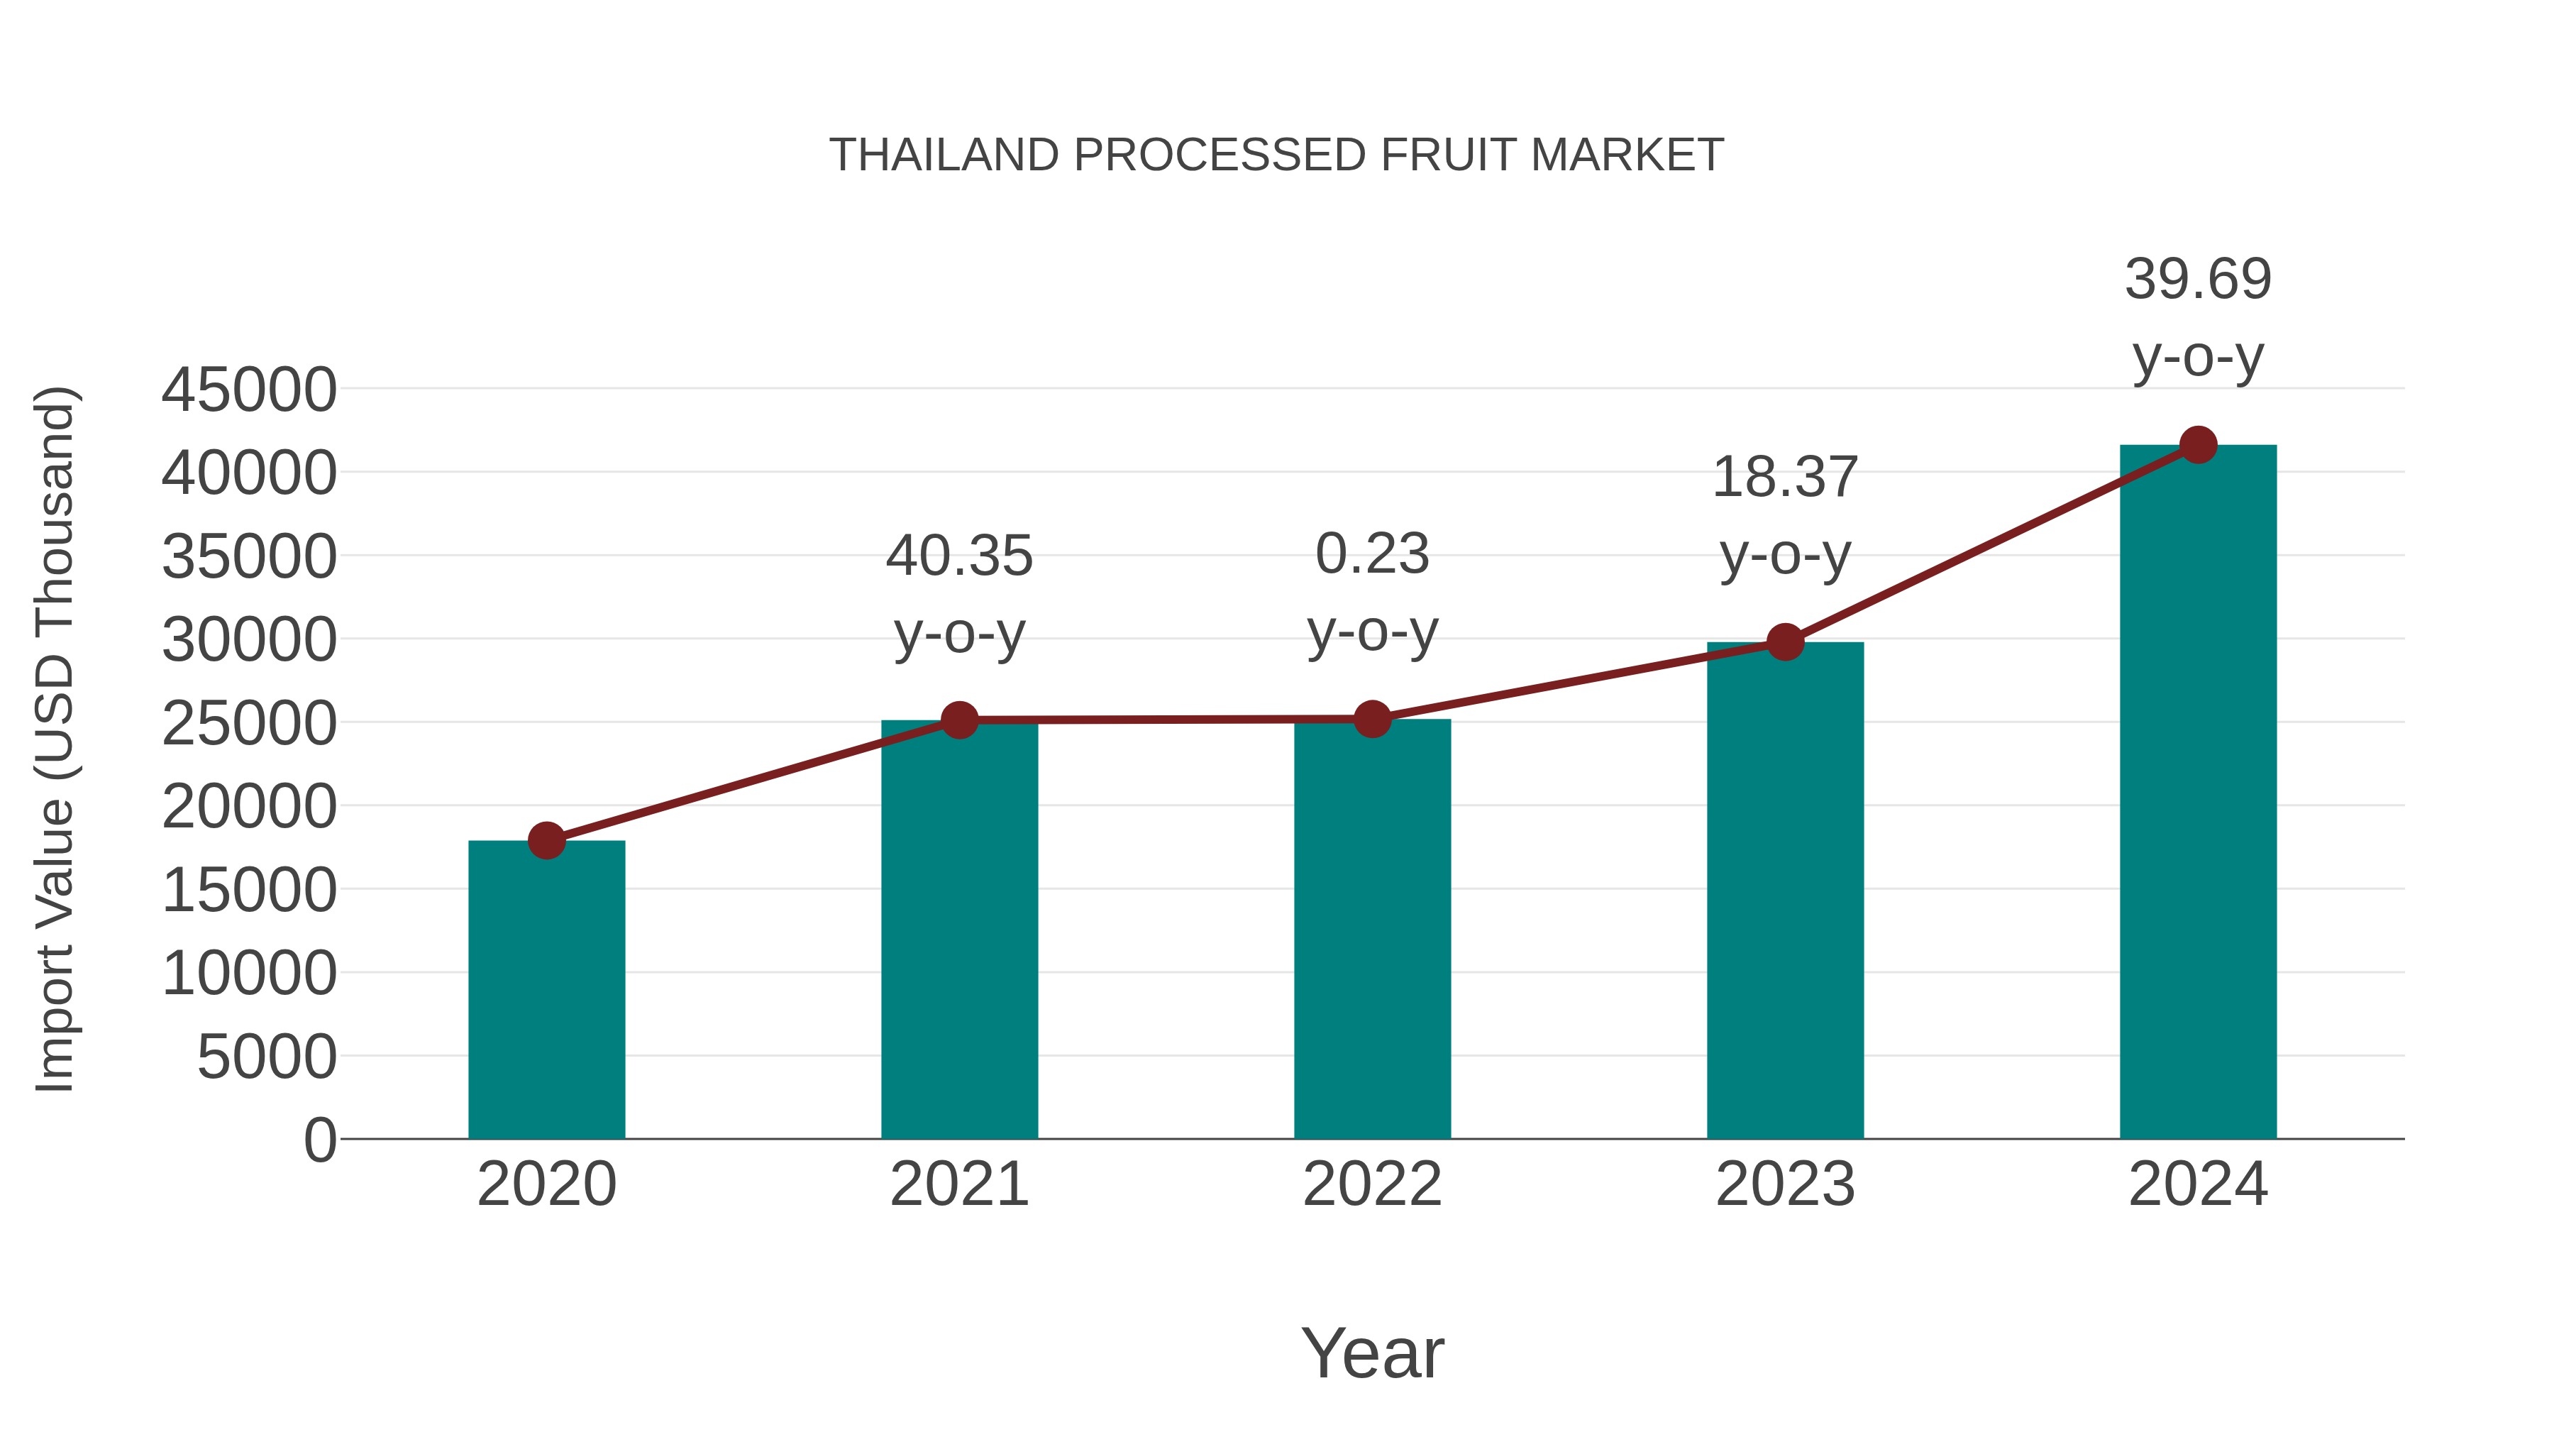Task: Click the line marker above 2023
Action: pyautogui.click(x=1785, y=643)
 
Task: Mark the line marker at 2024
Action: pyautogui.click(x=2198, y=445)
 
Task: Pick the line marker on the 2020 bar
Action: pyautogui.click(x=546, y=841)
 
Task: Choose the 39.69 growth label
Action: pyautogui.click(x=2198, y=279)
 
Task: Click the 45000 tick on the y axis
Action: pyautogui.click(x=249, y=390)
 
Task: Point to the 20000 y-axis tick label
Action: pyautogui.click(x=249, y=806)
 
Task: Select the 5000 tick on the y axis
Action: pyautogui.click(x=267, y=1057)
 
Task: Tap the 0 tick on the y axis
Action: pyautogui.click(x=320, y=1140)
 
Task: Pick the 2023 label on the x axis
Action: pyautogui.click(x=1785, y=1184)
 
